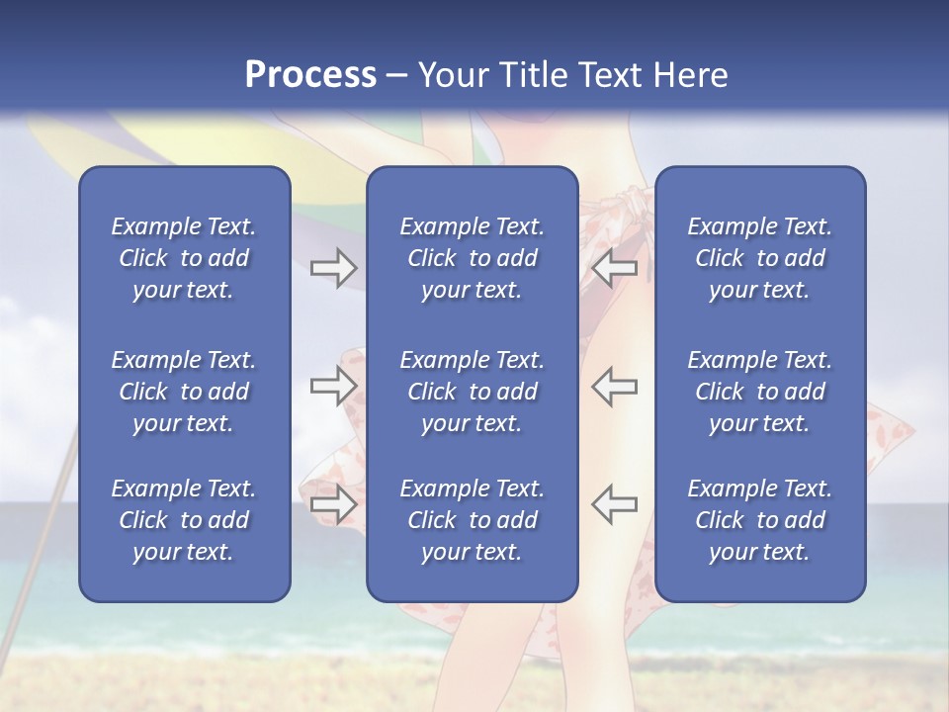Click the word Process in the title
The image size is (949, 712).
tap(310, 75)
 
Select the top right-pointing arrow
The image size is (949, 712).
tap(334, 267)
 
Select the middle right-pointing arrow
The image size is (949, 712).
tap(334, 387)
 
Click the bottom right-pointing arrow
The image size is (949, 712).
tap(334, 504)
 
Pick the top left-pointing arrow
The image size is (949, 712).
tap(614, 267)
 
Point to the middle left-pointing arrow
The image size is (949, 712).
tap(614, 387)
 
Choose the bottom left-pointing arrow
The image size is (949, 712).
tap(614, 504)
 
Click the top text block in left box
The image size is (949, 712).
tap(184, 258)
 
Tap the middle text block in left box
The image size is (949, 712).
tap(184, 392)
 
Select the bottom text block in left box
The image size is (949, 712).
tap(184, 520)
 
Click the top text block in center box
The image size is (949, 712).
tap(472, 258)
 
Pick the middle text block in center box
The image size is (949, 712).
tap(472, 392)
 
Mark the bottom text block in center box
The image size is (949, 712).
tap(472, 520)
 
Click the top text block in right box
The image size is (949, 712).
tap(759, 258)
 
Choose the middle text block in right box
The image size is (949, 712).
tap(759, 392)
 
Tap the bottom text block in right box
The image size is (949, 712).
tap(759, 520)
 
